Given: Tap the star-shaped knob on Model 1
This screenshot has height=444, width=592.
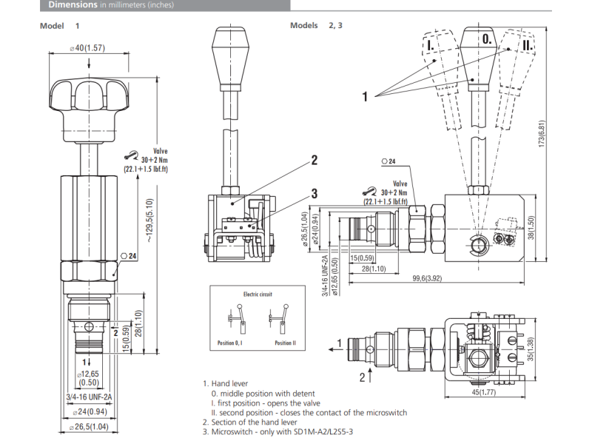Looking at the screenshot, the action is tap(86, 100).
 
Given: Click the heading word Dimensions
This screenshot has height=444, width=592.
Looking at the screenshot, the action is tap(72, 4).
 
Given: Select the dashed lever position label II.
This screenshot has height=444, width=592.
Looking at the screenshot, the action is tap(527, 45).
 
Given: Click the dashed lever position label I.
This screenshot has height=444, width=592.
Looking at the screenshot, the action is tap(431, 45).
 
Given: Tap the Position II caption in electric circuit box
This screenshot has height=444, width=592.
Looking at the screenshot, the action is tap(284, 343).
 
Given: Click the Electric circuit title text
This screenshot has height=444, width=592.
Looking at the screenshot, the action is tap(258, 294).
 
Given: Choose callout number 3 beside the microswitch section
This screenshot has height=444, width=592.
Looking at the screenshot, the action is tap(314, 193).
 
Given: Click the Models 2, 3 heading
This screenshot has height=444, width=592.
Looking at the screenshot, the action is tap(316, 25).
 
